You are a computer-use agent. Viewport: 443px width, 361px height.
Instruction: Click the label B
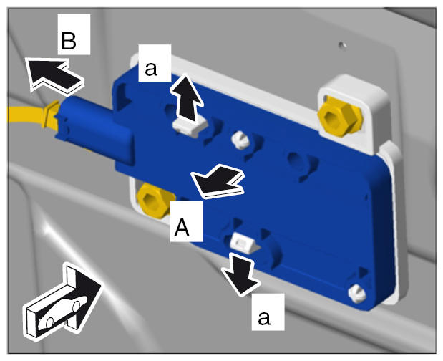pyautogui.click(x=69, y=41)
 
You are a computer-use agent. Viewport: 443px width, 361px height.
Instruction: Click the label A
pyautogui.click(x=182, y=228)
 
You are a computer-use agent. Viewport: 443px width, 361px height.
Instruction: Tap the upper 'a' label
pyautogui.click(x=151, y=69)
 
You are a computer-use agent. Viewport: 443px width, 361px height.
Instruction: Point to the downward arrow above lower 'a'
pyautogui.click(x=241, y=274)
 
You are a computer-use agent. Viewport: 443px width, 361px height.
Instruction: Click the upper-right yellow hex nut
pyautogui.click(x=340, y=117)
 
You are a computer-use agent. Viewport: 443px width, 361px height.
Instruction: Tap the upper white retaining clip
pyautogui.click(x=189, y=127)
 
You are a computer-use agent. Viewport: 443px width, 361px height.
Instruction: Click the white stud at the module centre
pyautogui.click(x=240, y=140)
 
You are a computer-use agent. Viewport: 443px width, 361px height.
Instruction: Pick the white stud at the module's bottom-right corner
pyautogui.click(x=357, y=294)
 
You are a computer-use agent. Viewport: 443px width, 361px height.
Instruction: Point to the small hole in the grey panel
pyautogui.click(x=342, y=44)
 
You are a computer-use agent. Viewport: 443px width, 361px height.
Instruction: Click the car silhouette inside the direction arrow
pyautogui.click(x=63, y=312)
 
